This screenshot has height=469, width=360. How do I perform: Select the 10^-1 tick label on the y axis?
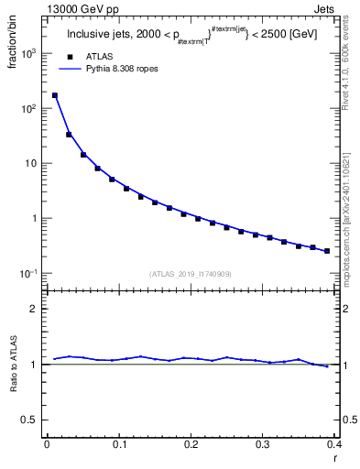click(27, 274)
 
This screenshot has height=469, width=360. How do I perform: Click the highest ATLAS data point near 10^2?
click(55, 95)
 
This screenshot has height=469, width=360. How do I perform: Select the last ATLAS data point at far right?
click(327, 251)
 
